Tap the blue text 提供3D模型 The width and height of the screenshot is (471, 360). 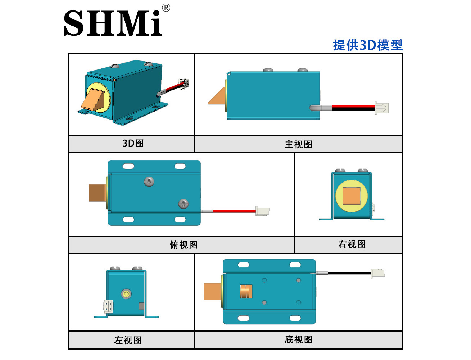[x=368, y=45]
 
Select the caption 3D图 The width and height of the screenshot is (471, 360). [x=133, y=143]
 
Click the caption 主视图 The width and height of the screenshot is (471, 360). [x=299, y=144]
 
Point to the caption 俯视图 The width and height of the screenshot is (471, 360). [x=184, y=245]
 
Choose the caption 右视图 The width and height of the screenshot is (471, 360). [x=352, y=244]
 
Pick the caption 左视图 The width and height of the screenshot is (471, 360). [x=128, y=340]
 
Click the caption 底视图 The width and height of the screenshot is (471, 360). [x=299, y=339]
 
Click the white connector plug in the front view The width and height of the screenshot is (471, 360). [x=381, y=108]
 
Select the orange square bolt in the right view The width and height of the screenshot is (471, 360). [x=352, y=195]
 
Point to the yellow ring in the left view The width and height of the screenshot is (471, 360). [x=126, y=294]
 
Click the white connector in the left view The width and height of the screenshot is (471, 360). [x=108, y=306]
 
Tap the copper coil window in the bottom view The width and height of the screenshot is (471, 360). [x=246, y=292]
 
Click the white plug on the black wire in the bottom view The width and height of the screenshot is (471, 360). [x=377, y=274]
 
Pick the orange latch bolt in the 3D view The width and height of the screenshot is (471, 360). [x=93, y=100]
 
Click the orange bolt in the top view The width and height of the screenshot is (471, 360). [x=98, y=193]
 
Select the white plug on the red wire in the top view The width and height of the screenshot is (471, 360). [x=262, y=211]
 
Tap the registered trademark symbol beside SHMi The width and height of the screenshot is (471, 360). [x=166, y=8]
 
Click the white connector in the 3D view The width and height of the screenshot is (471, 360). [x=184, y=84]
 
